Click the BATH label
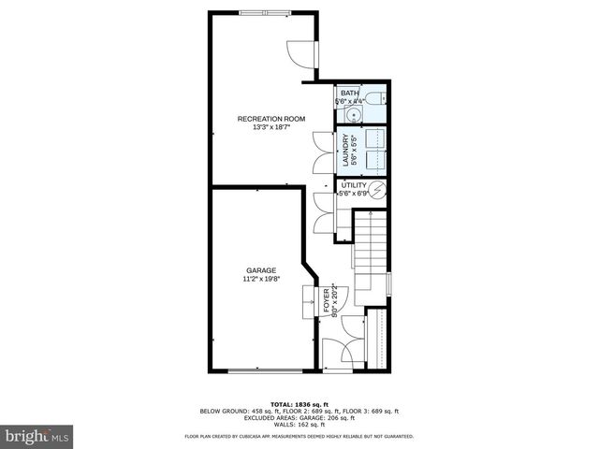pyautogui.click(x=349, y=94)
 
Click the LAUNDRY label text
pyautogui.click(x=344, y=150)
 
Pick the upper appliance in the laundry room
pyautogui.click(x=375, y=138)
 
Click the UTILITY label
pyautogui.click(x=353, y=185)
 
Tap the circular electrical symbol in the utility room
pyautogui.click(x=378, y=191)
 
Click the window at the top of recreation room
pyautogui.click(x=265, y=12)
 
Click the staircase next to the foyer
pyautogui.click(x=372, y=253)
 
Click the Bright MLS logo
pyautogui.click(x=37, y=436)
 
